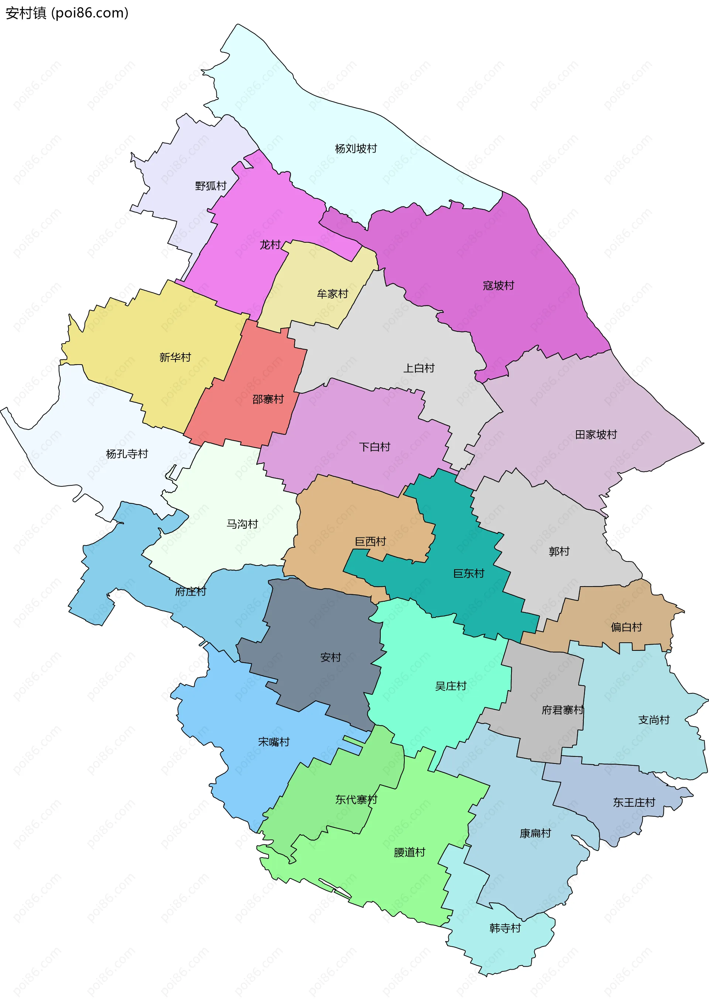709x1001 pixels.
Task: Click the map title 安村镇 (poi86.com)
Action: tap(67, 13)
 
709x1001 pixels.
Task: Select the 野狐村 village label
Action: tap(210, 186)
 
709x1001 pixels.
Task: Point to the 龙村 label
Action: tap(270, 245)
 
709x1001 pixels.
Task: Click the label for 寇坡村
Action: tap(498, 286)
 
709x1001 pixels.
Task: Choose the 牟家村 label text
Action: tap(332, 294)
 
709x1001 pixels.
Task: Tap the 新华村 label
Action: tap(175, 358)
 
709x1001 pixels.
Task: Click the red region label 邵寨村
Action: tap(268, 399)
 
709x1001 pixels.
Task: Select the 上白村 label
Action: tap(419, 368)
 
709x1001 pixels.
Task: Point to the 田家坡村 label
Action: tap(596, 434)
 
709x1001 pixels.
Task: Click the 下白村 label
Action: tap(374, 447)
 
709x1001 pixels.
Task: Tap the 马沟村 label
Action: tap(242, 524)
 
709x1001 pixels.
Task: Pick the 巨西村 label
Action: tap(370, 542)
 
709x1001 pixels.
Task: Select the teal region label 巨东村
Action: tap(469, 573)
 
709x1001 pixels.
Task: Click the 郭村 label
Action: tap(559, 551)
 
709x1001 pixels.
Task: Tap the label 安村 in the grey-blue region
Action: tap(330, 657)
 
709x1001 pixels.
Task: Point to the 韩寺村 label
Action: tap(505, 928)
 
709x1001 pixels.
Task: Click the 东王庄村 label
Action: tap(634, 802)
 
